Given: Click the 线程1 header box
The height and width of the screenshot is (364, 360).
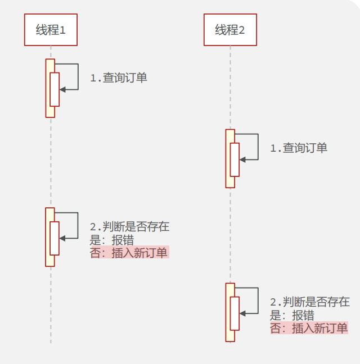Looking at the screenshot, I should (x=51, y=30).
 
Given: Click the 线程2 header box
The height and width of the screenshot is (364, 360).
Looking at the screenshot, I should (x=230, y=30).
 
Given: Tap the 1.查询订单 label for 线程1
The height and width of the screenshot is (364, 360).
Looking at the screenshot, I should (x=119, y=78).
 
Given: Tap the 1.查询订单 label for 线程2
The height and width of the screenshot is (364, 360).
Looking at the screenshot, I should (x=299, y=148).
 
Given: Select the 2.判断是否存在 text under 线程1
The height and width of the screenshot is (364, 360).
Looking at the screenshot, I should (x=129, y=227).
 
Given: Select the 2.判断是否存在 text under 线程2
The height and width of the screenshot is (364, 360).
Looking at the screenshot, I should (x=309, y=302).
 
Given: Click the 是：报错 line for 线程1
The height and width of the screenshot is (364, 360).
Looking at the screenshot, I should (x=112, y=240).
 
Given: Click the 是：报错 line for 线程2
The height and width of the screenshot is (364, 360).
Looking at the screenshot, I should (x=292, y=315).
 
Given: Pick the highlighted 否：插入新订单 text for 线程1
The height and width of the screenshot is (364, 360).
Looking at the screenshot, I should (x=129, y=253).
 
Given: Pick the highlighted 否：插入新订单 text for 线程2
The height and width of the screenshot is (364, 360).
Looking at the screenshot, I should (x=309, y=328).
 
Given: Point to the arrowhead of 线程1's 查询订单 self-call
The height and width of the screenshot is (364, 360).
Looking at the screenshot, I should (x=62, y=89).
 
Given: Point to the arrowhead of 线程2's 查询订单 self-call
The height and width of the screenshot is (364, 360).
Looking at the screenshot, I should (x=242, y=159).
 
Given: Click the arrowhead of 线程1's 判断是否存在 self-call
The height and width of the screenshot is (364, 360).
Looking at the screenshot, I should (x=62, y=238).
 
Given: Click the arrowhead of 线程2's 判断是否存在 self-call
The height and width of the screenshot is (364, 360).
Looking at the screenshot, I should (x=242, y=313).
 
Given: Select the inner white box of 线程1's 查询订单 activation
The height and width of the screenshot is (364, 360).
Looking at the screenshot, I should (x=55, y=89).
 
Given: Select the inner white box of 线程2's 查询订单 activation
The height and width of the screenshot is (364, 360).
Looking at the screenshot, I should (x=235, y=160).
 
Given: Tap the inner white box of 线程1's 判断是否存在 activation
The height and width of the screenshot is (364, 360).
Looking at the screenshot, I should (x=55, y=238).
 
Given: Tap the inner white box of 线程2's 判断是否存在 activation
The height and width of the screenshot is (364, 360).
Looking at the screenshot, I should (x=235, y=313).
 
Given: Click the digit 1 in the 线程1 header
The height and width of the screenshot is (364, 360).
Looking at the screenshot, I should (x=63, y=30).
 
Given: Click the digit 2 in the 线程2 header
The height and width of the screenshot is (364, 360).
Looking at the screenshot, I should (x=242, y=30).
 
